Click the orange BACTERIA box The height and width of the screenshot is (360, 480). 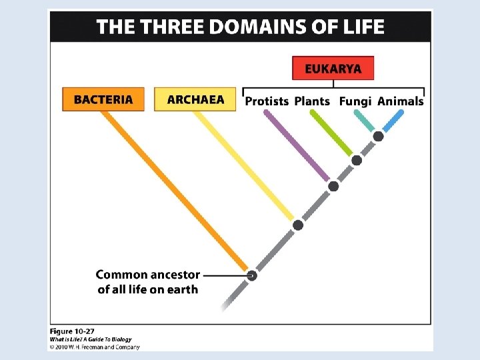click(x=103, y=100)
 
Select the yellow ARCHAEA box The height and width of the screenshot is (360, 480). click(x=195, y=100)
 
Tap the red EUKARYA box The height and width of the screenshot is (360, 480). click(x=333, y=69)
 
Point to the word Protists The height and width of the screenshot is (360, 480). click(x=267, y=101)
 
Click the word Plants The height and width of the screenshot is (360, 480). click(x=312, y=101)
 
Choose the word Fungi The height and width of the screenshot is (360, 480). click(x=355, y=101)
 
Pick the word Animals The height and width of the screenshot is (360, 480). click(x=400, y=101)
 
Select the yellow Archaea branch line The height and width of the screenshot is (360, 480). click(x=243, y=167)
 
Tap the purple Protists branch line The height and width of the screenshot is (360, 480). click(x=297, y=147)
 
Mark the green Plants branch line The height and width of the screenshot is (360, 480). click(x=331, y=133)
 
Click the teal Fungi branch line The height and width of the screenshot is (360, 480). click(x=364, y=121)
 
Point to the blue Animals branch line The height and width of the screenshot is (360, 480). click(x=392, y=121)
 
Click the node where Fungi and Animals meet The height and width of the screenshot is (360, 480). click(x=378, y=137)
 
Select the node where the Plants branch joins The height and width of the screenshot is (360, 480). click(x=357, y=160)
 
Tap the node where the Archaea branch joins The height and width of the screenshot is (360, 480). click(x=298, y=225)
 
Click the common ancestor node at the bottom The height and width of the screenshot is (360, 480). click(x=252, y=275)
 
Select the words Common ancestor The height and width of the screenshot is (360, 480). click(x=148, y=275)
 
